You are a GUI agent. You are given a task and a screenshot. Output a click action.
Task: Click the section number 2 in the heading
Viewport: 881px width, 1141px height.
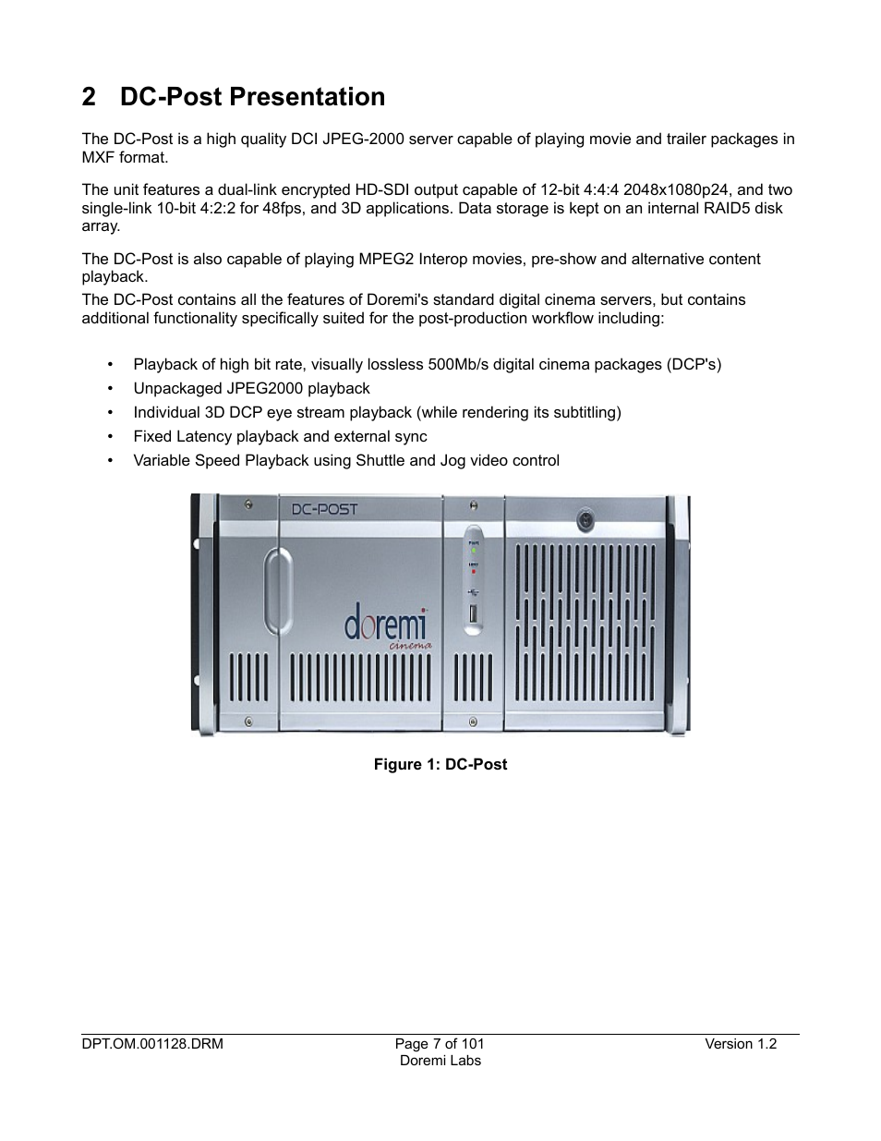click(89, 97)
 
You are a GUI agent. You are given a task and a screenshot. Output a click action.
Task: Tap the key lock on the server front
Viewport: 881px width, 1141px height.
click(585, 521)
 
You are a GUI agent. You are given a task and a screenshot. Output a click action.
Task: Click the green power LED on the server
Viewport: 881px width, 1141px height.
click(474, 551)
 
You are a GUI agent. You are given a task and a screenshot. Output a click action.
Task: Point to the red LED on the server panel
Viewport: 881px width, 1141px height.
click(474, 571)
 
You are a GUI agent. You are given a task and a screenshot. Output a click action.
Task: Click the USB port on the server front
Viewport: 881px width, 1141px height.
click(474, 613)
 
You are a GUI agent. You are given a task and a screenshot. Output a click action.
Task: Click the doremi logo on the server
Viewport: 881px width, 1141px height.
click(386, 625)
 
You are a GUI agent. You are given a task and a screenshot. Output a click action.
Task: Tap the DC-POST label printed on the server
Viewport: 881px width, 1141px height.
click(324, 509)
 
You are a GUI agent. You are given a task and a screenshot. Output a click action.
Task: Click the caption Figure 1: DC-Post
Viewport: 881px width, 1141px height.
click(440, 764)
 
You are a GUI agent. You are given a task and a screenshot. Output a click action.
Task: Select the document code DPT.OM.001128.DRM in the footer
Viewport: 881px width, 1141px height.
click(152, 1044)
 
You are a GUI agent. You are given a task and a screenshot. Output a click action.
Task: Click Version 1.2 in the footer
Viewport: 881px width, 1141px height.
click(741, 1044)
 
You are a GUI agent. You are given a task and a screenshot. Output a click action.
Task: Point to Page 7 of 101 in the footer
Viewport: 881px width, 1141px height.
click(440, 1044)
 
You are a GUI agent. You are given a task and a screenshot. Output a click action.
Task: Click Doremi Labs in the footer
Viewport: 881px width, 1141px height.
click(440, 1061)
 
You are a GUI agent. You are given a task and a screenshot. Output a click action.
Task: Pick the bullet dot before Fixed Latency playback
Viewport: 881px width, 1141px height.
click(110, 437)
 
